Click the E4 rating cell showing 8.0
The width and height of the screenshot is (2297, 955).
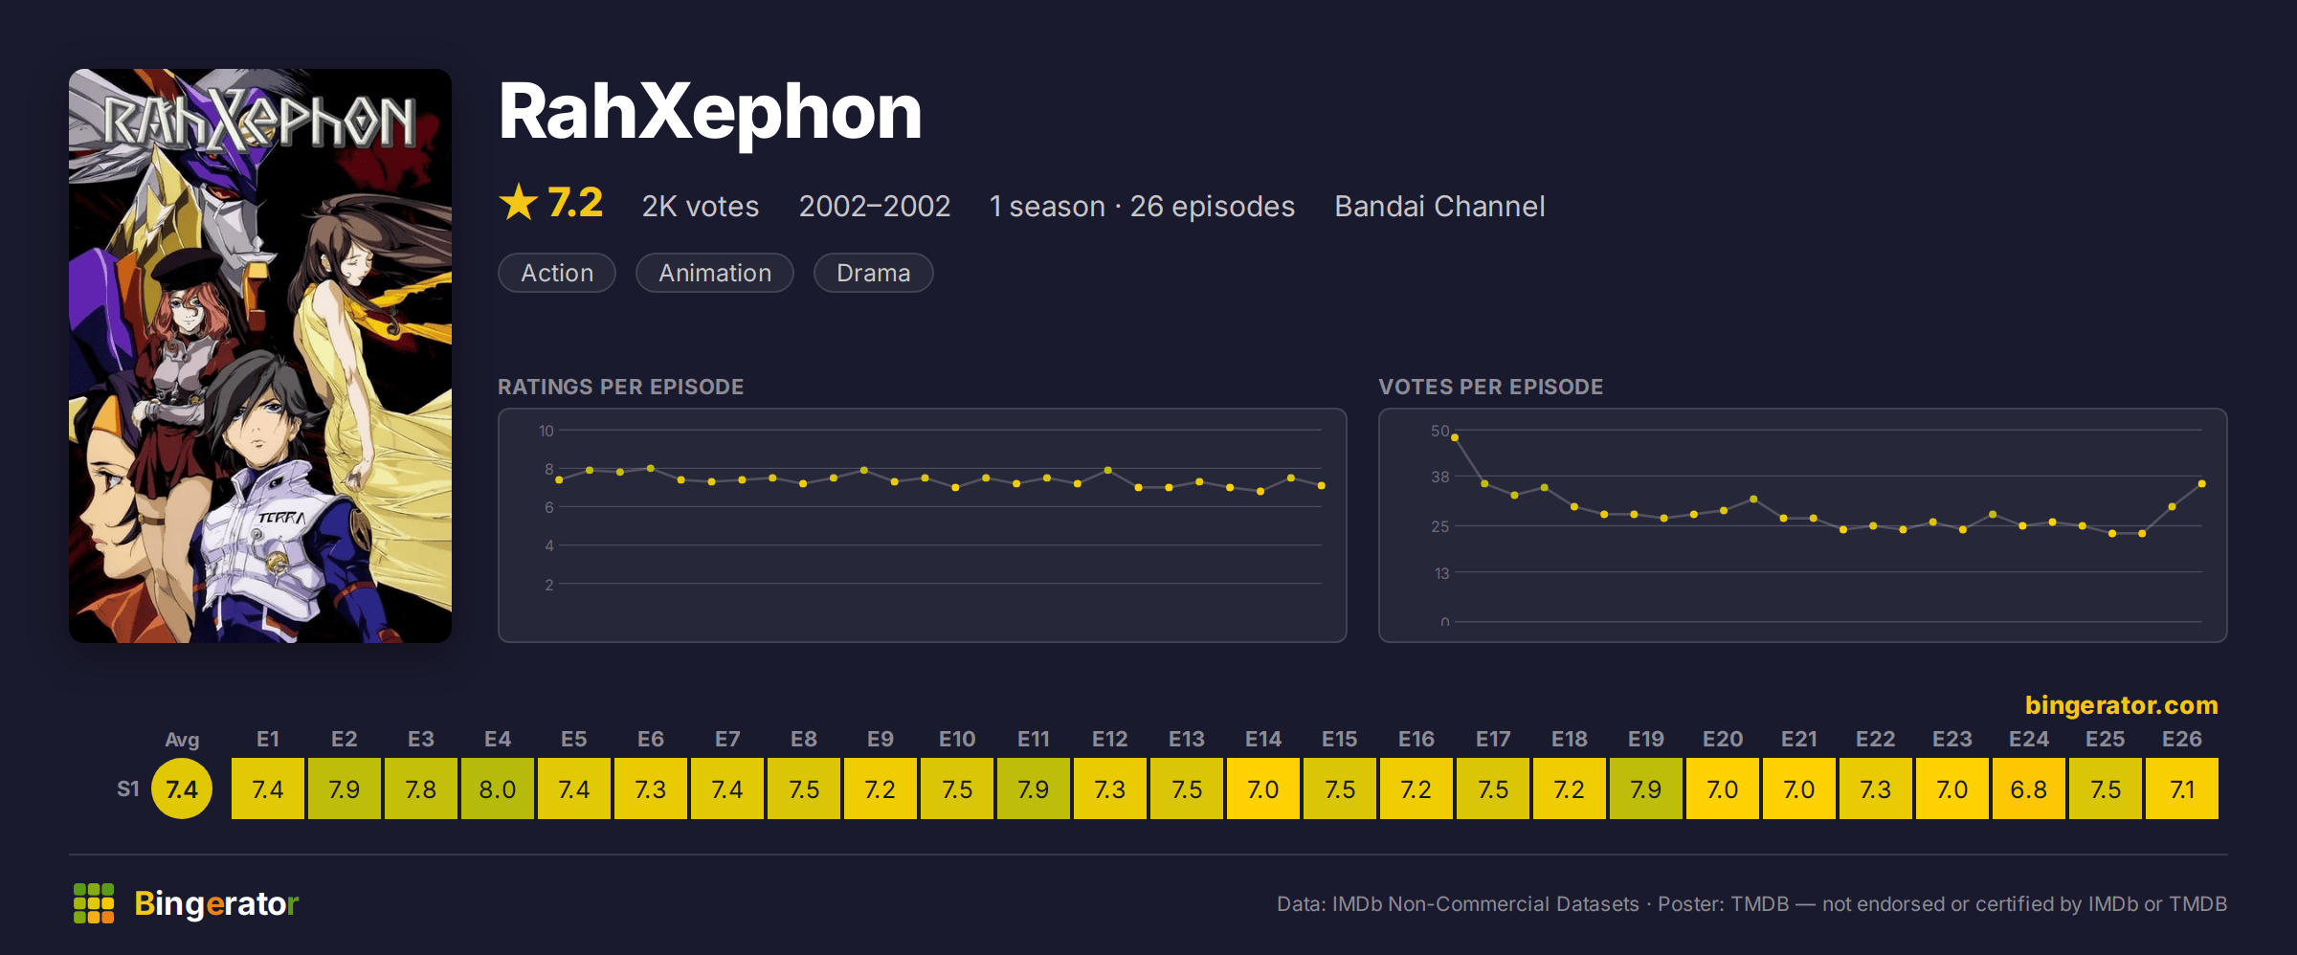[x=498, y=788]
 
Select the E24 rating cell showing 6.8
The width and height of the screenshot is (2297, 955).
[x=2029, y=788]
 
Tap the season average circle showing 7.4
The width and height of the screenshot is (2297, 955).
[x=182, y=788]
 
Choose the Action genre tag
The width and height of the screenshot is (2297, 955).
[x=557, y=273]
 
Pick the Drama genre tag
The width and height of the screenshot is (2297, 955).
[x=873, y=273]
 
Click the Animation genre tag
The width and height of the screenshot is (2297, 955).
[x=715, y=273]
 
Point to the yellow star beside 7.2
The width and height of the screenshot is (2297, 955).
[x=519, y=202]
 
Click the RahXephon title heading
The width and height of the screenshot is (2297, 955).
[x=710, y=112]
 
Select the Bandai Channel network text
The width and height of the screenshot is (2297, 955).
[x=1439, y=206]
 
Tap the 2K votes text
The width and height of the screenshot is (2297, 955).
[x=701, y=206]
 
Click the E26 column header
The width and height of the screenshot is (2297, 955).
[x=2182, y=739]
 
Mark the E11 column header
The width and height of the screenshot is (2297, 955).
[x=1034, y=739]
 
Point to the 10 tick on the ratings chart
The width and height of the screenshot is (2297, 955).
[x=546, y=431]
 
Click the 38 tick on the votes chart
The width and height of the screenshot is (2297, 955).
[x=1440, y=477]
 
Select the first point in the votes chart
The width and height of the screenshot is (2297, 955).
[x=1455, y=437]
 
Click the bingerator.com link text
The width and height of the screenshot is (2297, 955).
[x=2122, y=705]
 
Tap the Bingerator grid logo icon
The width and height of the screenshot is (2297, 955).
[x=94, y=903]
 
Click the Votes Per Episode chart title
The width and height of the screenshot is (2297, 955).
[x=1490, y=387]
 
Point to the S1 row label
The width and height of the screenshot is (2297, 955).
[x=128, y=788]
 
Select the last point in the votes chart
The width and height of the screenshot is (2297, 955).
[x=2202, y=484]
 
